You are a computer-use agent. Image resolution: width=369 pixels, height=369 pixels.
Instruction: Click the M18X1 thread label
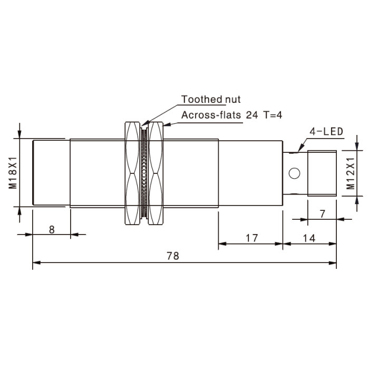pos(13,172)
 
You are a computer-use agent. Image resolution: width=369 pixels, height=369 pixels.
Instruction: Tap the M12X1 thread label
pos(351,173)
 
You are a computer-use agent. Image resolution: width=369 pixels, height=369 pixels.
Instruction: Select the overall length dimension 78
pos(173,256)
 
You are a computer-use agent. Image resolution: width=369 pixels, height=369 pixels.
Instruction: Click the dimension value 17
pos(252,238)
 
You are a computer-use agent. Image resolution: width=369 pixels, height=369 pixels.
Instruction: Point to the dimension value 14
pos(309,238)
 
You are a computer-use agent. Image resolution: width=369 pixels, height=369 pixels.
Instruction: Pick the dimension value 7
pos(323,213)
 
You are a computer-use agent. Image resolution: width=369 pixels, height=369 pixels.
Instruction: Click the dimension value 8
pos(52,229)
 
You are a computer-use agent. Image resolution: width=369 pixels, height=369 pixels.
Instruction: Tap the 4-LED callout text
pos(326,132)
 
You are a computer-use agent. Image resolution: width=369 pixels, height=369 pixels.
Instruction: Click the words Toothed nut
pos(211,99)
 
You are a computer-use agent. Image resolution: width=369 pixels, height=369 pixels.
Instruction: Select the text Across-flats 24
pos(220,115)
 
